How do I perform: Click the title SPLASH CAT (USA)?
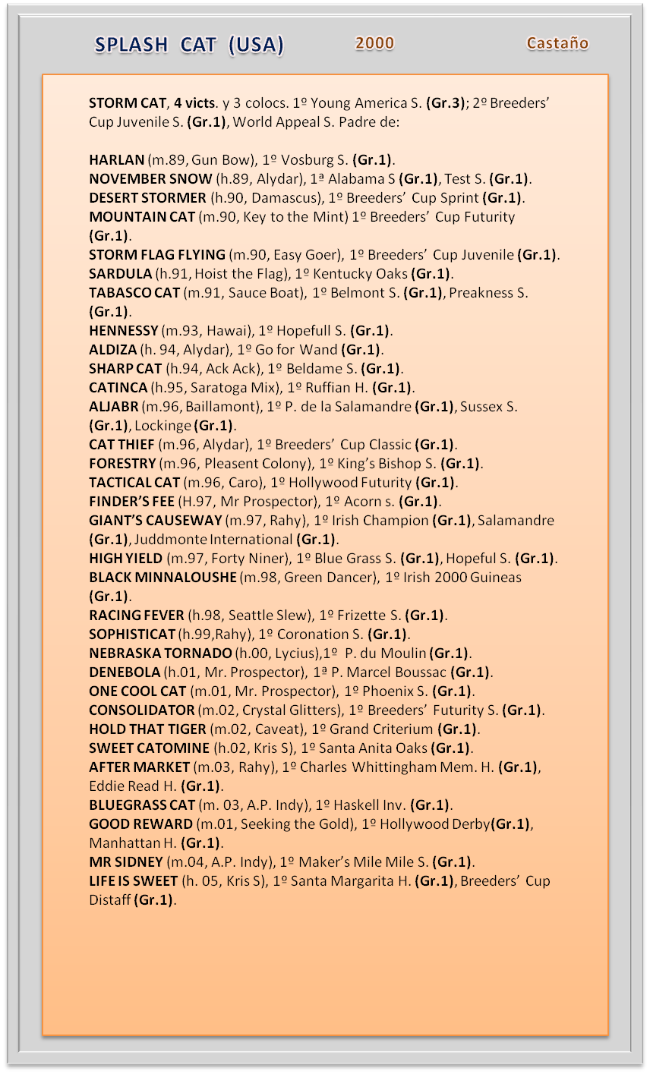tap(189, 46)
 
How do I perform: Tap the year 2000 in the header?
tap(374, 43)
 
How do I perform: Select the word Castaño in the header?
tap(557, 43)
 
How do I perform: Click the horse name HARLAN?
tap(116, 160)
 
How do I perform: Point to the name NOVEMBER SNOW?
tap(150, 179)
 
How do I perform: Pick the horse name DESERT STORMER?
tap(147, 198)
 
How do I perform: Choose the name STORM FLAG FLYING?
tap(157, 255)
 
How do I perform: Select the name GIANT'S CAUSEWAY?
tap(155, 521)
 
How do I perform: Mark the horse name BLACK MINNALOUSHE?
tap(162, 578)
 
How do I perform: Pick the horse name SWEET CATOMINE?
tap(148, 748)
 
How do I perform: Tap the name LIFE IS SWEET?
tap(133, 881)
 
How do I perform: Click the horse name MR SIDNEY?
tap(126, 862)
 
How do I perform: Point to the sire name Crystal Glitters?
tap(289, 710)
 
